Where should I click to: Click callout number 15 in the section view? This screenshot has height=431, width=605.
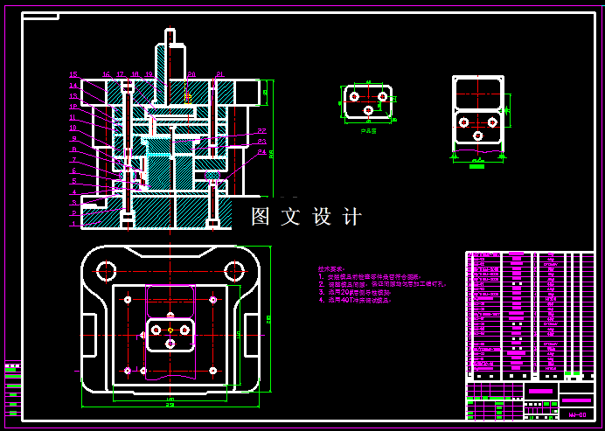click(73, 74)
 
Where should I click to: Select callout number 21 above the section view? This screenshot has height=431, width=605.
click(219, 74)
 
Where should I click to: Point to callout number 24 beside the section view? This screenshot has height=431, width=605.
click(261, 152)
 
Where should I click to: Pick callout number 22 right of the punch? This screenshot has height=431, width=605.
click(261, 132)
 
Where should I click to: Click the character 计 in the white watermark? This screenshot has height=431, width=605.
click(351, 217)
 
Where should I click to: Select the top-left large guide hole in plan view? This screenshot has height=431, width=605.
click(108, 269)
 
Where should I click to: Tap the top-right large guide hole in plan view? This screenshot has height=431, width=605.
click(233, 269)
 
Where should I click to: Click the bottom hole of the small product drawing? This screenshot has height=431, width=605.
click(369, 112)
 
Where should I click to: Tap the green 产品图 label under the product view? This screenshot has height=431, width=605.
click(368, 131)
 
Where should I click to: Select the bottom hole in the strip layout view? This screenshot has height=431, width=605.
click(478, 136)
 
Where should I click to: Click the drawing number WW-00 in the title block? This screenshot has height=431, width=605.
click(576, 414)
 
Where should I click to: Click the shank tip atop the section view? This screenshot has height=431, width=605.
click(170, 35)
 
